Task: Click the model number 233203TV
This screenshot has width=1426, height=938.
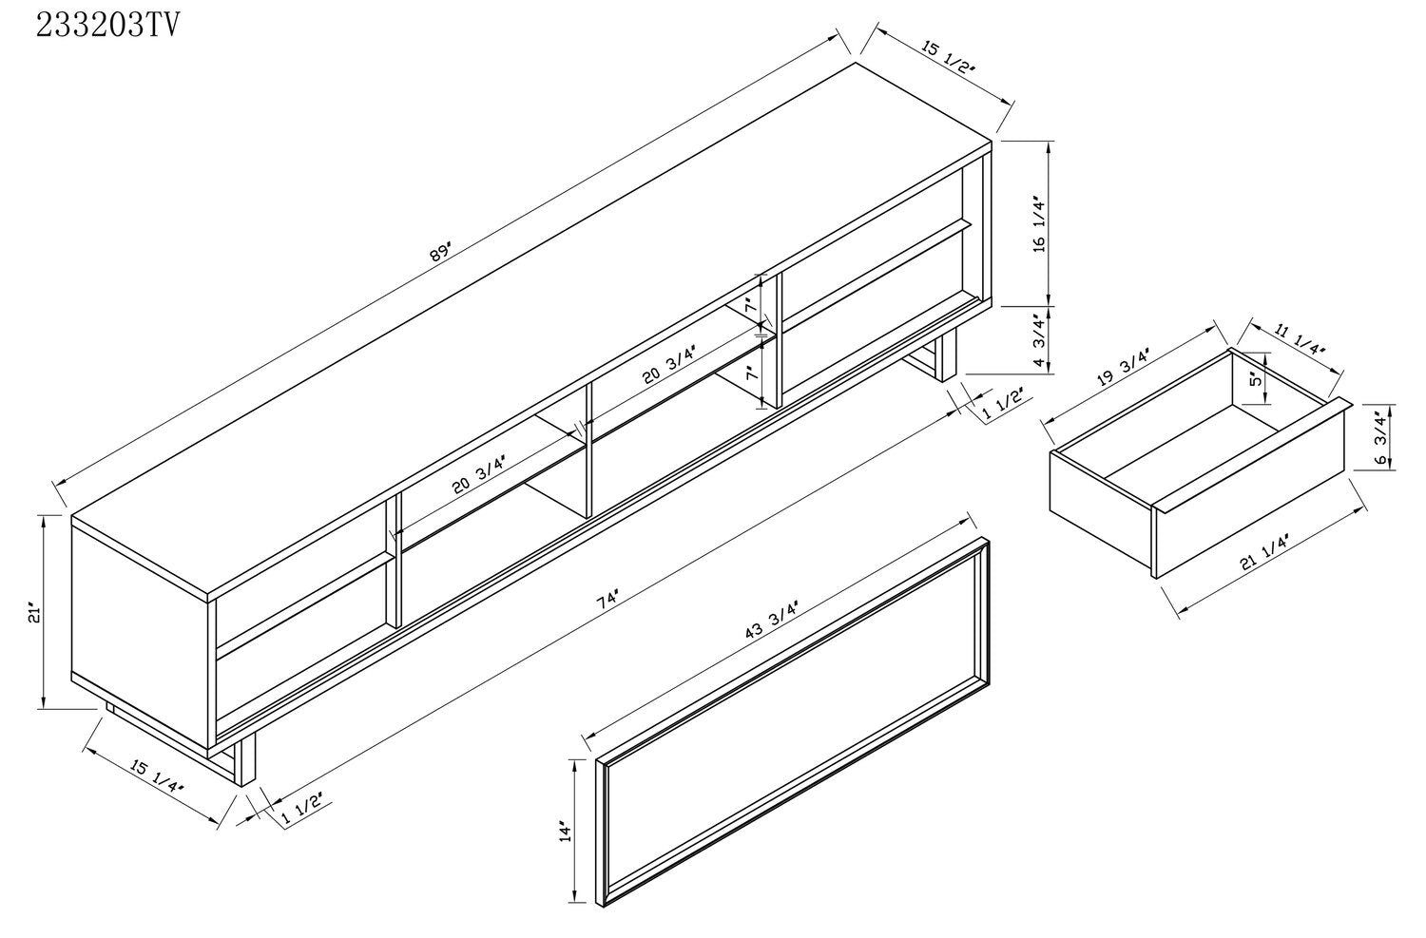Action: coord(108,26)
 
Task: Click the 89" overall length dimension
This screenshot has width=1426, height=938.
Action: coord(440,251)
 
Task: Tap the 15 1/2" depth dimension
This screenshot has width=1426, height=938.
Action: coord(949,57)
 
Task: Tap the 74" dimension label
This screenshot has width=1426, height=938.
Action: coord(607,600)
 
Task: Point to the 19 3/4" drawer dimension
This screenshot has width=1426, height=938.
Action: coord(1124,367)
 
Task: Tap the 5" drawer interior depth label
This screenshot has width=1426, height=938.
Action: coord(1256,379)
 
